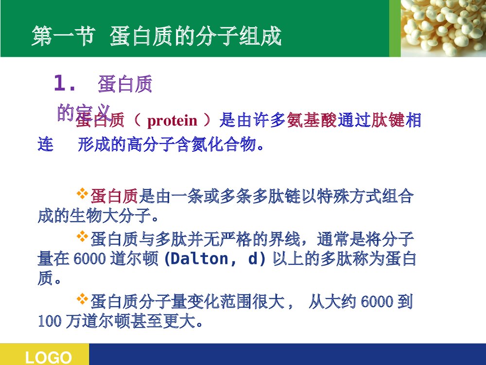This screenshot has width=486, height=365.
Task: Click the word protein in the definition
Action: [172, 120]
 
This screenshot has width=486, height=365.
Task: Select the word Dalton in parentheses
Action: [204, 259]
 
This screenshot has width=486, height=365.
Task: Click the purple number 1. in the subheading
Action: [65, 84]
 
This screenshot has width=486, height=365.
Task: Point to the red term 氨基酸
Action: [312, 120]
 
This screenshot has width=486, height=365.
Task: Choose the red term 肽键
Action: [388, 120]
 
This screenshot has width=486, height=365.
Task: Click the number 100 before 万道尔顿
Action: [49, 322]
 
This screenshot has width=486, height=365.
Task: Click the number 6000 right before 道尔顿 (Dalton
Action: [89, 259]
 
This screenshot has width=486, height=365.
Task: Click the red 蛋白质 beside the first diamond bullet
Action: [115, 197]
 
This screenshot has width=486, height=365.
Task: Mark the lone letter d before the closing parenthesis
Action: [253, 259]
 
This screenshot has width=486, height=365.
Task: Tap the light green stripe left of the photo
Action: [395, 28]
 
